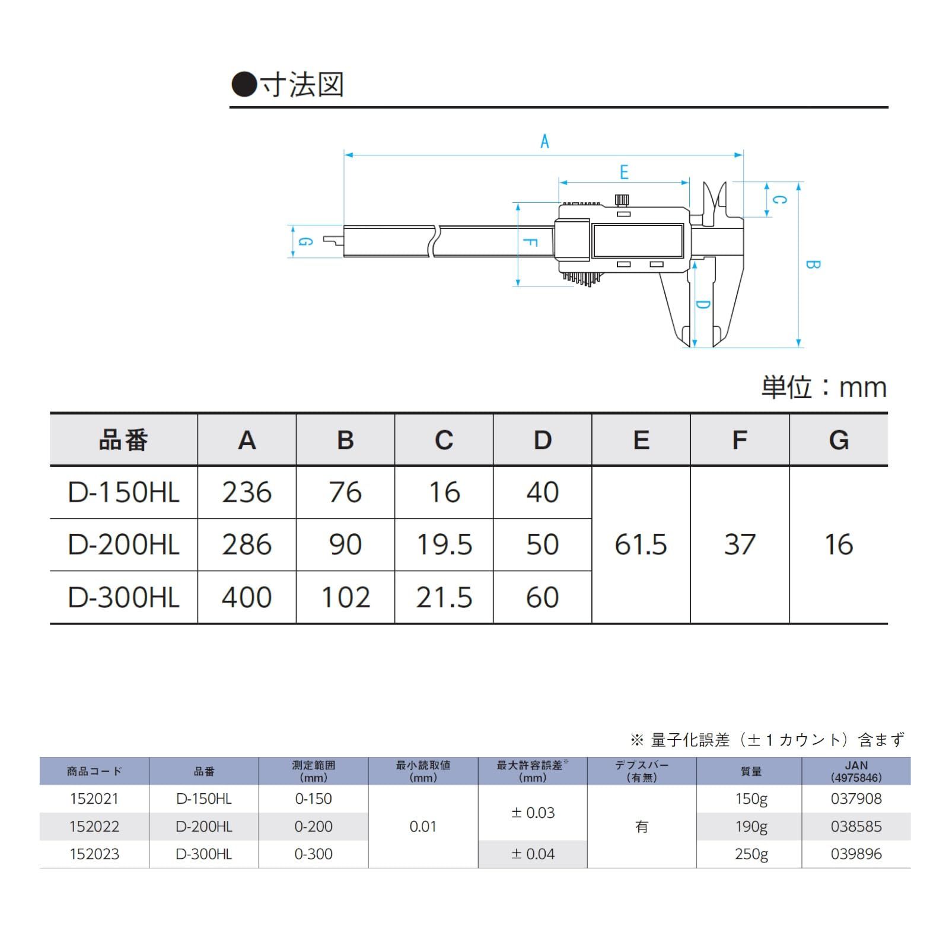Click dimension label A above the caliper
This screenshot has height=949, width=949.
pos(544,142)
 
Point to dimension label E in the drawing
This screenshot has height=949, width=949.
pos(624,173)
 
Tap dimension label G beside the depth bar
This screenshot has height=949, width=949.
pos(305,241)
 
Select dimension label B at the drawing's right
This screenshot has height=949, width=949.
pos(813,265)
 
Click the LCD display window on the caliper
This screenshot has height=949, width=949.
pos(638,240)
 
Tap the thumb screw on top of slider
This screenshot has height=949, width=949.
pos(622,200)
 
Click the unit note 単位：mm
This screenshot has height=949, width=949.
pos(824,388)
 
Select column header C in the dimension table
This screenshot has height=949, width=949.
pos(444,440)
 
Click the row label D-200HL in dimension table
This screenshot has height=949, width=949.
pos(123,544)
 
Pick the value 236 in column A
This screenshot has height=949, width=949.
pos(247,492)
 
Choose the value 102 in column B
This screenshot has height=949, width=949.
pos(345,597)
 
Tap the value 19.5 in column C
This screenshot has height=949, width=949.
pos(444,544)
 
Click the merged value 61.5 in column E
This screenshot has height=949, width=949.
pos(641,544)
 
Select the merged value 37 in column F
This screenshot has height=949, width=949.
pos(739,544)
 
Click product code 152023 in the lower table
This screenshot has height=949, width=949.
pos(94,854)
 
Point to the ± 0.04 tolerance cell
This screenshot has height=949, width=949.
pos(533,854)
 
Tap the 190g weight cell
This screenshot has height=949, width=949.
pos(751,826)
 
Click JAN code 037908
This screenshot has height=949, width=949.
pos(856,798)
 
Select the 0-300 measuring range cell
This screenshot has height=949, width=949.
pos(313,854)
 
